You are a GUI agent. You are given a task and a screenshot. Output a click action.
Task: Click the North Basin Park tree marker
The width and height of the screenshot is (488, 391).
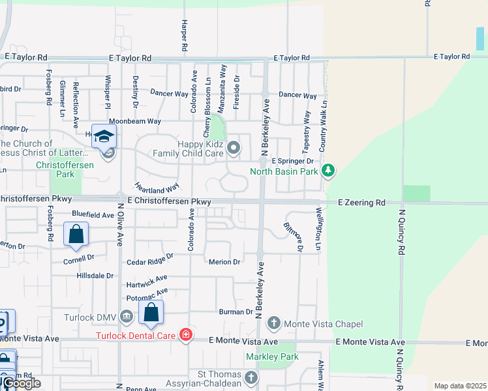pyautogui.click(x=328, y=171)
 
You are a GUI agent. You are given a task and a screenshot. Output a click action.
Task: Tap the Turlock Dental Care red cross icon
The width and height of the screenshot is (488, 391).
pyautogui.click(x=186, y=335)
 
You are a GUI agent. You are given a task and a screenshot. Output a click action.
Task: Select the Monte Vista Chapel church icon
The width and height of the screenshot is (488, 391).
pyautogui.click(x=274, y=323)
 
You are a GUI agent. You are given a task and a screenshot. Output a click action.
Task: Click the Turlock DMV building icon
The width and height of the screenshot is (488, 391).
pyautogui.click(x=127, y=317)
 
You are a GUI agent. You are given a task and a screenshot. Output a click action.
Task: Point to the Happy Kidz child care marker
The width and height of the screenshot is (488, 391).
pyautogui.click(x=234, y=151)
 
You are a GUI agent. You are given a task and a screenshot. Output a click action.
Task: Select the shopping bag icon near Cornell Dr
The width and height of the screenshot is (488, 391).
pyautogui.click(x=76, y=235)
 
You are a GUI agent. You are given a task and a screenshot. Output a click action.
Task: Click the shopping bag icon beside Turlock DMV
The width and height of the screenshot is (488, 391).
pyautogui.click(x=151, y=313)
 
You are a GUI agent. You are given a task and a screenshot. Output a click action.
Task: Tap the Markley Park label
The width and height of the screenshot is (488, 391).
pyautogui.click(x=271, y=356)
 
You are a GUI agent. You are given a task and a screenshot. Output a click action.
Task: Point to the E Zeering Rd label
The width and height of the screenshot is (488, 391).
pyautogui.click(x=362, y=203)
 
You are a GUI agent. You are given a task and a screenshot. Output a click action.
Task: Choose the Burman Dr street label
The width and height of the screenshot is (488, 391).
pyautogui.click(x=236, y=311)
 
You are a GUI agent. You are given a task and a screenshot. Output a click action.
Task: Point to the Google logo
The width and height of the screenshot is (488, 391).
pyautogui.click(x=22, y=383)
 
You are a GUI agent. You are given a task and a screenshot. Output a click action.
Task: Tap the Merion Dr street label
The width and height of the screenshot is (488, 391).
pyautogui.click(x=224, y=261)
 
